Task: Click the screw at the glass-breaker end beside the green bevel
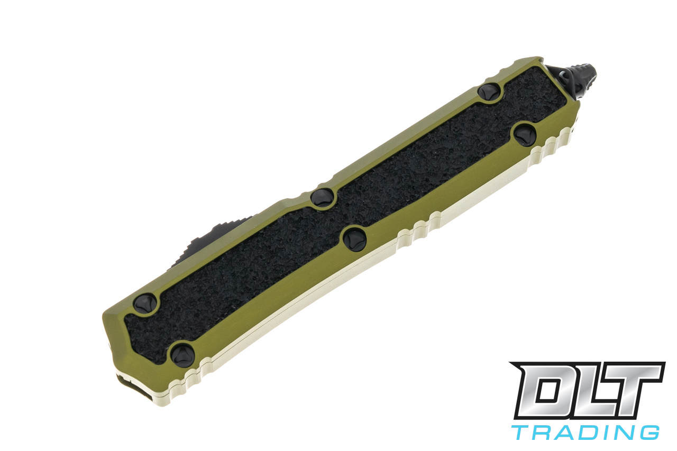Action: point(489,91)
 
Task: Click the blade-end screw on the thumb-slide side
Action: point(144,303)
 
